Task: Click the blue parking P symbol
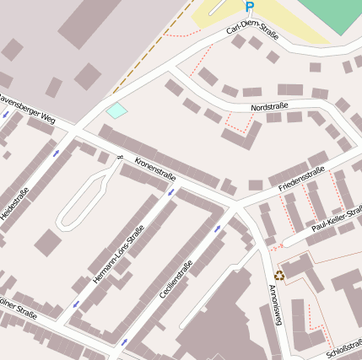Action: (x=249, y=7)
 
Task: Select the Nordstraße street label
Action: (x=270, y=107)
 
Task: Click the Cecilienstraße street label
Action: (x=176, y=280)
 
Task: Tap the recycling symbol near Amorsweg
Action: (x=280, y=273)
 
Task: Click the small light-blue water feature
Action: (x=116, y=110)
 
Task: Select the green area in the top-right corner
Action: (x=332, y=13)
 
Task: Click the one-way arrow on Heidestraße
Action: (x=56, y=154)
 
